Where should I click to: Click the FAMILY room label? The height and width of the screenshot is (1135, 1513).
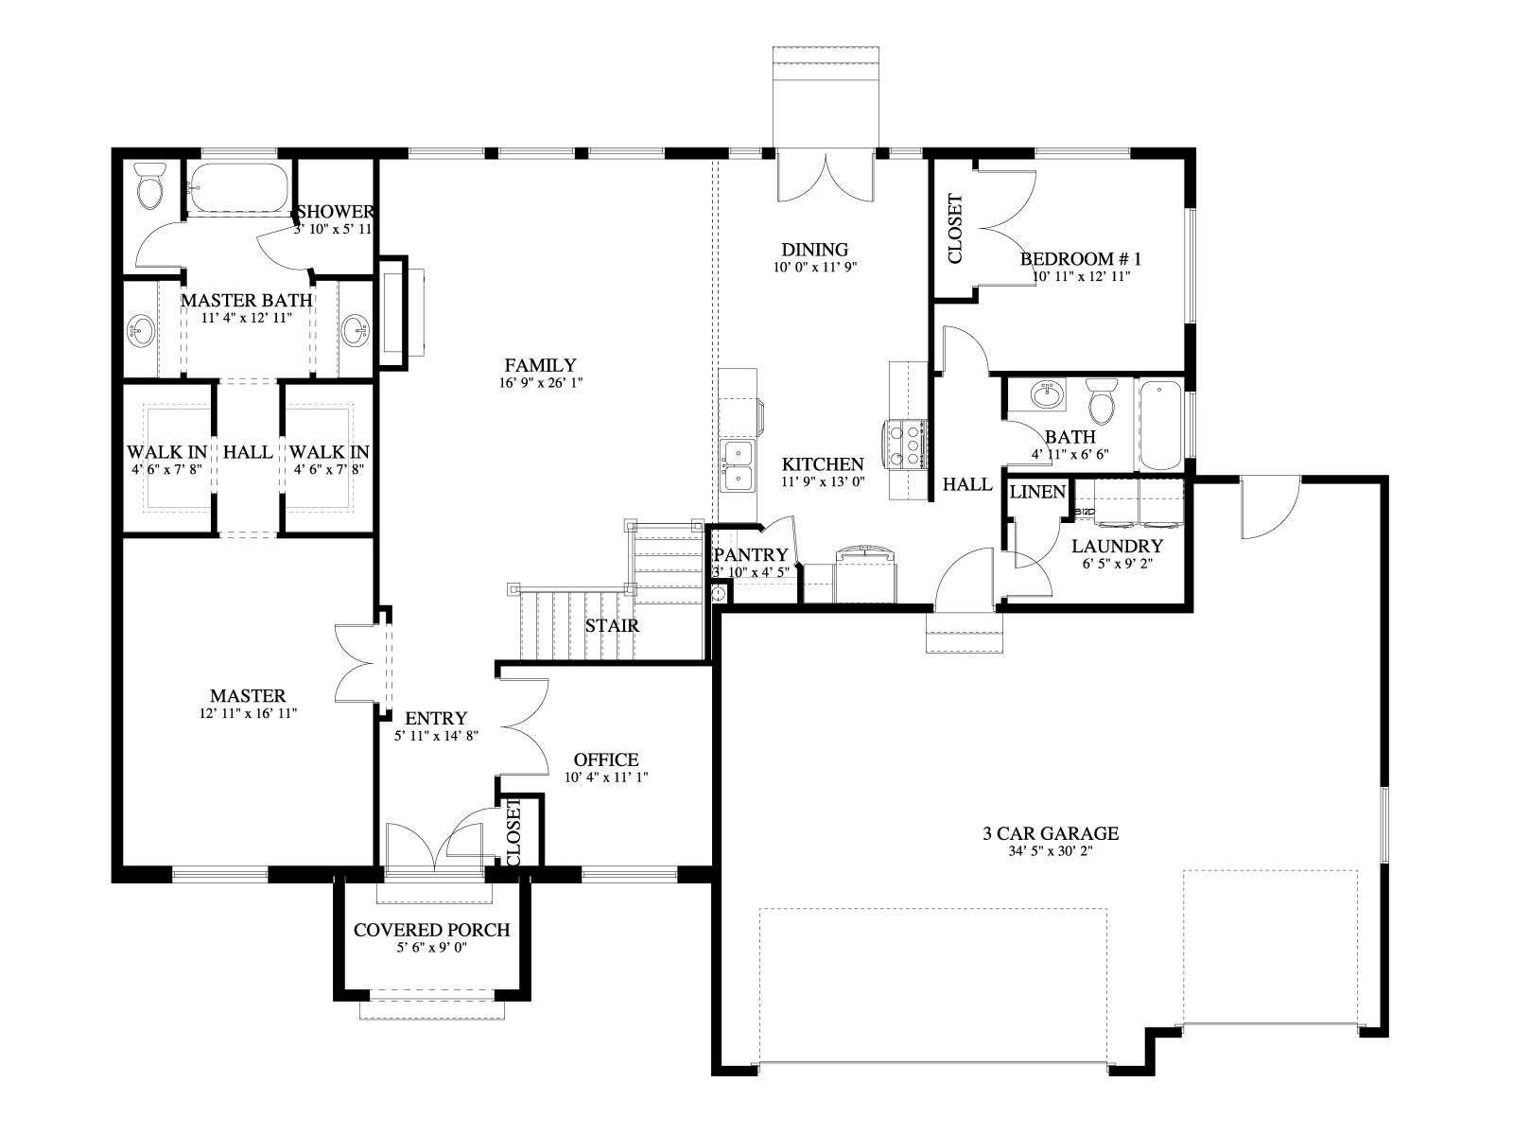[x=540, y=365]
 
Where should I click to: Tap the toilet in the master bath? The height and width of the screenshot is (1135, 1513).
[x=148, y=185]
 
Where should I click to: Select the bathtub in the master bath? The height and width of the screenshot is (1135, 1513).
[x=238, y=187]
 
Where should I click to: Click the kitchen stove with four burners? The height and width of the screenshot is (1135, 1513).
[x=904, y=445]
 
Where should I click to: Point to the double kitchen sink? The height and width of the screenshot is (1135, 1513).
[x=737, y=466]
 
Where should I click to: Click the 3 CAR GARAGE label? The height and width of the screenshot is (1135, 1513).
[x=1051, y=833]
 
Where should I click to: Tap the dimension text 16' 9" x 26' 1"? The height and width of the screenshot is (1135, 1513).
[x=540, y=383]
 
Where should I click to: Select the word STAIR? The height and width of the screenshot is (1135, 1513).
[x=612, y=626]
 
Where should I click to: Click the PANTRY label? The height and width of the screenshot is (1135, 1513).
[x=750, y=555]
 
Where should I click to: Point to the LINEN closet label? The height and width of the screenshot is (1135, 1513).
[x=1037, y=492]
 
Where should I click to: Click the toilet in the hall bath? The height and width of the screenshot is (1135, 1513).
[x=1100, y=402]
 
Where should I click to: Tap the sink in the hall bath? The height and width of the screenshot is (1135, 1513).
[x=1047, y=395]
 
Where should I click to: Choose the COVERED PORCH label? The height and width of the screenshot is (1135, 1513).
[x=431, y=930]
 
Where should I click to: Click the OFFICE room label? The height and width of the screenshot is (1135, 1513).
[x=606, y=760]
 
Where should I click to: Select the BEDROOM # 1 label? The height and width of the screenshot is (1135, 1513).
[x=1080, y=259]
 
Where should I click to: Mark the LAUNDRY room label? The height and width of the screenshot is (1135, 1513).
[x=1117, y=547]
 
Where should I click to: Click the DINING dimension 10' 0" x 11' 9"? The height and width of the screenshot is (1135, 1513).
[x=814, y=267]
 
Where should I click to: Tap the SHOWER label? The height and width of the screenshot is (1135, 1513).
[x=337, y=212]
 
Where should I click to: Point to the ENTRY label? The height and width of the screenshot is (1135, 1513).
[x=436, y=718]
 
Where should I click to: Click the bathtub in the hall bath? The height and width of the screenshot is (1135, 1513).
[x=1160, y=425]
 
